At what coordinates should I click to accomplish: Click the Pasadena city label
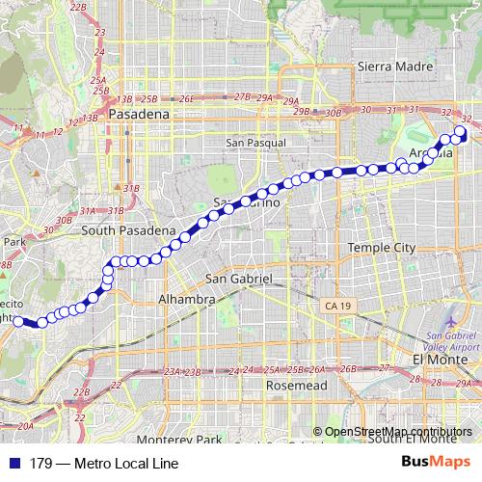(140, 114)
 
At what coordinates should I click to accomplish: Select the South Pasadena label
(128, 231)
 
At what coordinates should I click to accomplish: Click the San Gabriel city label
(241, 278)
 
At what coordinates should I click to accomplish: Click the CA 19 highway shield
(332, 305)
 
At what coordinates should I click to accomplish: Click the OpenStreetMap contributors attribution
(398, 432)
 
